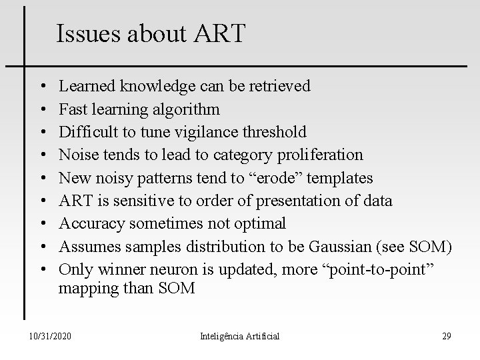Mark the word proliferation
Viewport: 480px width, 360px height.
(321, 155)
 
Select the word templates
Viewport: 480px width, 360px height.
(341, 178)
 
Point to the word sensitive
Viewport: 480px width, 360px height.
(133, 201)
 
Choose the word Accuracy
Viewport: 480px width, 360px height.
(89, 224)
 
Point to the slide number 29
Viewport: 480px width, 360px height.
(446, 336)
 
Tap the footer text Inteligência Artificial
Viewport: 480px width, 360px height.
(240, 336)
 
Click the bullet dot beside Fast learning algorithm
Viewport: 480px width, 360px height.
(42, 109)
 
